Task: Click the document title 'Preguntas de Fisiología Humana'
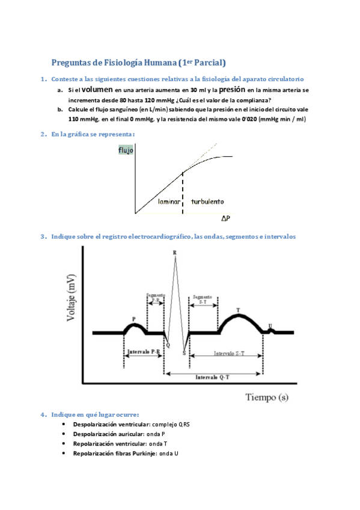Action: (114, 63)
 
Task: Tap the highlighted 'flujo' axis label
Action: (126, 150)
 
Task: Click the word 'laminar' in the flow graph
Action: (169, 202)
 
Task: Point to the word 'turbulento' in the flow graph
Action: (207, 202)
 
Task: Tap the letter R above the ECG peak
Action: (175, 253)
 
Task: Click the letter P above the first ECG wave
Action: (133, 318)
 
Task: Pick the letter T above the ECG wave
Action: (238, 310)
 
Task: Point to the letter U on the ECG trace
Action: (270, 325)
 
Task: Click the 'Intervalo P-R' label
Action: (143, 351)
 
